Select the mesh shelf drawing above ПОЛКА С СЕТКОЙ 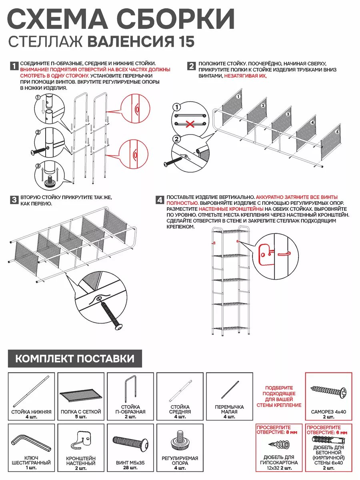[80, 396]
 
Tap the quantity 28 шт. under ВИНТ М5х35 [131, 468]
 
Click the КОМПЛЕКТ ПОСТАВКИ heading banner [75, 358]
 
